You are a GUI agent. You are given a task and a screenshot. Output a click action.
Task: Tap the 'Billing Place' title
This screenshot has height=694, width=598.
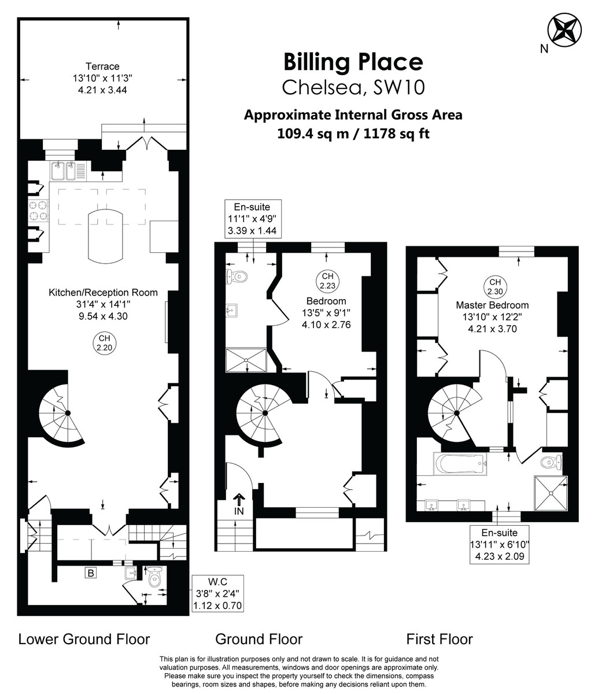pyautogui.click(x=353, y=61)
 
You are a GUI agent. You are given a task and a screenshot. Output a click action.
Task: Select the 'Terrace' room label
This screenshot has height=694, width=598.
pyautogui.click(x=102, y=66)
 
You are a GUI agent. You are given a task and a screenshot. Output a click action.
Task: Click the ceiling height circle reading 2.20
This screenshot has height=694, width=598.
pyautogui.click(x=104, y=343)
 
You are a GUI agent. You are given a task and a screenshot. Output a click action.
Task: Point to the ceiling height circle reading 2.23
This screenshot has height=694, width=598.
pyautogui.click(x=327, y=280)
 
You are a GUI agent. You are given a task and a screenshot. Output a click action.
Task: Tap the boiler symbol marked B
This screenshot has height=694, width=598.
pyautogui.click(x=90, y=573)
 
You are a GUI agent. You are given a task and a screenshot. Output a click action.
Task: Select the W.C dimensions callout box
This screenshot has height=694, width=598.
pyautogui.click(x=217, y=593)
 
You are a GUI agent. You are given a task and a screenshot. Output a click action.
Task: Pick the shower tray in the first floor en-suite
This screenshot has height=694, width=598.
pyautogui.click(x=551, y=493)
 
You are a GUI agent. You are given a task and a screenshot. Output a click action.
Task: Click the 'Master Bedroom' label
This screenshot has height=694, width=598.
pyautogui.click(x=492, y=305)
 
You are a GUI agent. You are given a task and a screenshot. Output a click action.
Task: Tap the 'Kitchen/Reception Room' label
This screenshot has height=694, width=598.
pyautogui.click(x=103, y=293)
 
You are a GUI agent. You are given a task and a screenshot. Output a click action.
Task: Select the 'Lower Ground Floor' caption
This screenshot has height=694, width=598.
pyautogui.click(x=84, y=639)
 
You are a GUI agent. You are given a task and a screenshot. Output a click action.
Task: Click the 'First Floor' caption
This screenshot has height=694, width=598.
pyautogui.click(x=440, y=639)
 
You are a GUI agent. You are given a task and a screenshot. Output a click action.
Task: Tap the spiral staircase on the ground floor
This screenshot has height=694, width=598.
pyautogui.click(x=264, y=412)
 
